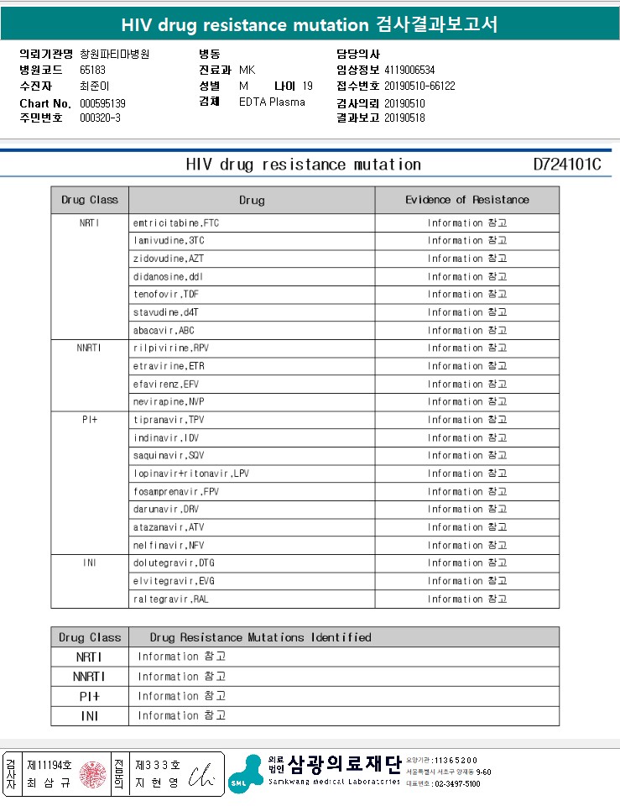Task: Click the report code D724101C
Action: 567,164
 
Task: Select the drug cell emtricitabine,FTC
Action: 176,223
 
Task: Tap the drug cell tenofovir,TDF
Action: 166,295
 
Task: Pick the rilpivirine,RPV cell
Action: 171,348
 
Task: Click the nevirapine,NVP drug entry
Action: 169,402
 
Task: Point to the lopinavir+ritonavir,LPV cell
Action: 191,474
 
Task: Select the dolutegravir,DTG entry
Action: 174,563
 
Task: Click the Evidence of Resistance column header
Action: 467,200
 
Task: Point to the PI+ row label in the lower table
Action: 90,696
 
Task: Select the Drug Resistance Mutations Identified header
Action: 260,637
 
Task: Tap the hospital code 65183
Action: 92,71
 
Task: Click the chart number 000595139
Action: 102,103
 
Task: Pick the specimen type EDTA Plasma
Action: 272,102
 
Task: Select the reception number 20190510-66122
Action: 419,86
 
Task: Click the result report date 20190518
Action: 404,118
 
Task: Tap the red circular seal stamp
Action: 92,775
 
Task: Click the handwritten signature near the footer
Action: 201,775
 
